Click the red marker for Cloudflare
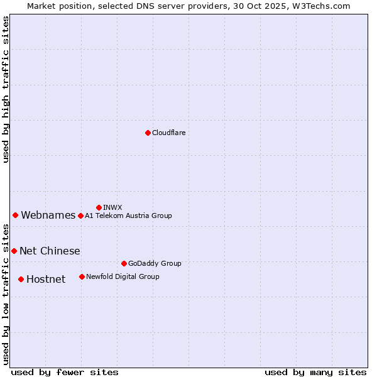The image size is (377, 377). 148,133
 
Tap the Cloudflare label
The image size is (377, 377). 168,133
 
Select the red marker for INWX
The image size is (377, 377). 99,207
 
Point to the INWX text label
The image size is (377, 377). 112,207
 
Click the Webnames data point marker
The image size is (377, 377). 15,215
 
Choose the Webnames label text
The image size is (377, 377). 48,216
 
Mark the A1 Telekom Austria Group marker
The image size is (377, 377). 80,216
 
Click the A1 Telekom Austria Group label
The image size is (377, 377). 128,216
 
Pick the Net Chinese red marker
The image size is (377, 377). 14,251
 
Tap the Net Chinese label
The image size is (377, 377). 50,251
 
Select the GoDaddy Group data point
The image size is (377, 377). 124,263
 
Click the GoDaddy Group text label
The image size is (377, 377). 155,263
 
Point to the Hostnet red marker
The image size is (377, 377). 21,279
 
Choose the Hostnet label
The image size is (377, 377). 46,280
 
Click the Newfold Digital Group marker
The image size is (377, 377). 82,276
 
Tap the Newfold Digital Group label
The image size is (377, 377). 123,276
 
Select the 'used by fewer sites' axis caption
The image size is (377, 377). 65,372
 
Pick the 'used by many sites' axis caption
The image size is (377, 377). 315,372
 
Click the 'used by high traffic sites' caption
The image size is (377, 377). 6,89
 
